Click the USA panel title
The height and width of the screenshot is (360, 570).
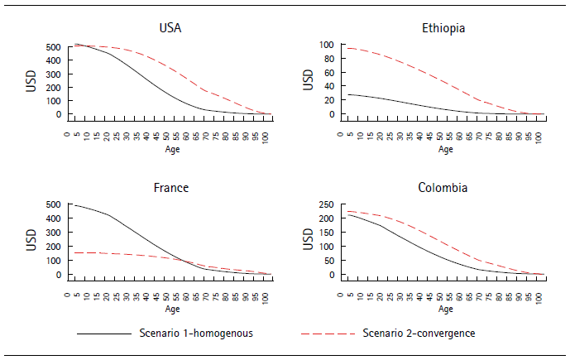(170, 27)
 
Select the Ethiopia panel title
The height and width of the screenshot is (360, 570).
(443, 27)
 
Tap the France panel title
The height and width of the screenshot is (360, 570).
(171, 188)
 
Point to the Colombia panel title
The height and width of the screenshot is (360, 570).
(443, 188)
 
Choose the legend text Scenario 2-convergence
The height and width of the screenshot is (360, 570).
(419, 334)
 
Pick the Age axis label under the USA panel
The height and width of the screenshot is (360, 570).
(171, 150)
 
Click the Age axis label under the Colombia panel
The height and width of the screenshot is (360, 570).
(445, 310)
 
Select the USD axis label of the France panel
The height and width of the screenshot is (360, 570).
(31, 241)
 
